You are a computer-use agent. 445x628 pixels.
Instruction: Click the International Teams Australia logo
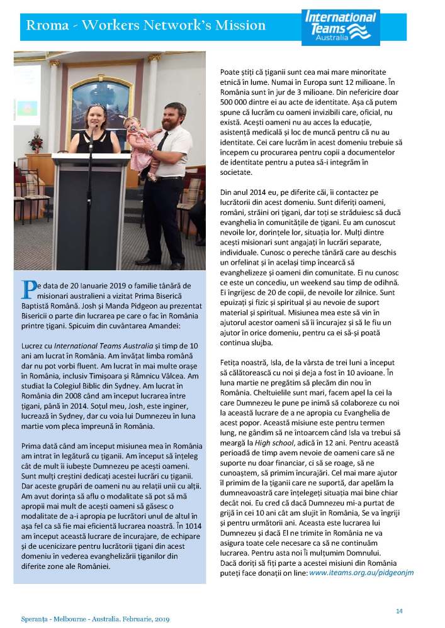coord(341,27)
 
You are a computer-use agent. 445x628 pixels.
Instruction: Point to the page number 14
coord(399,610)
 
